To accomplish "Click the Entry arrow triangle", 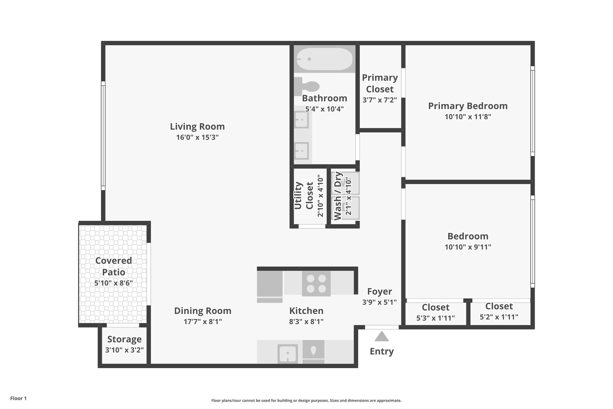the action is click(382, 336).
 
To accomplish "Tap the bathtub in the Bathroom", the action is click(324, 59).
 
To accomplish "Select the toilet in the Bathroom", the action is click(307, 86).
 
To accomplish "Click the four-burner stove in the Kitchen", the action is click(316, 283).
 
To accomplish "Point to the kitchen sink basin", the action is click(288, 353).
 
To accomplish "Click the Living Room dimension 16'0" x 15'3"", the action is click(197, 137).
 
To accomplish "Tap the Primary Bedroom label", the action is click(468, 106).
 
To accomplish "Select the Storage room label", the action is click(124, 339).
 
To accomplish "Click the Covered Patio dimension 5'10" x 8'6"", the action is click(113, 283).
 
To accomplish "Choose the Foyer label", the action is click(379, 291).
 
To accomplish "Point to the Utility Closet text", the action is click(303, 196).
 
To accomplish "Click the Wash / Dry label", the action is click(338, 196).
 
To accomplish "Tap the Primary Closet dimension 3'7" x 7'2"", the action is click(380, 100).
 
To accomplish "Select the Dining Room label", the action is click(202, 311).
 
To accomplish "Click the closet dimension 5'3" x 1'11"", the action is click(435, 318).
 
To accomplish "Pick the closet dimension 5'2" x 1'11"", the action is click(499, 317).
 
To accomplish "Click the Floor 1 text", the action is click(18, 398).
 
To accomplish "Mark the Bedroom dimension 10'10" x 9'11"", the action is click(468, 247).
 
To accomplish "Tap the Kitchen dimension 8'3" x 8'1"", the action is click(306, 321).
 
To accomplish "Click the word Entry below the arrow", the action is click(382, 351).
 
